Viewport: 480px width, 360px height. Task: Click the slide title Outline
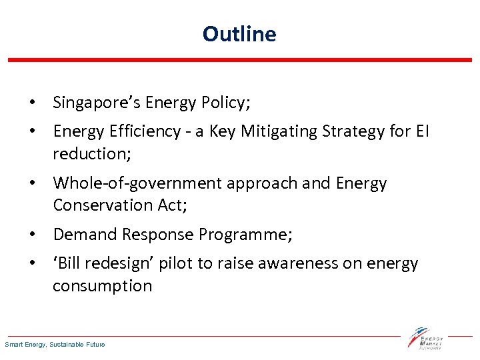[x=239, y=33]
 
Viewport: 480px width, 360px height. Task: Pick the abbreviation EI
[x=423, y=132]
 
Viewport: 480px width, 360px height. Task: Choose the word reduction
[x=89, y=154]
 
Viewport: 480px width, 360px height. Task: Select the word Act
[x=173, y=205]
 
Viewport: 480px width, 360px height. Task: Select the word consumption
[x=102, y=286]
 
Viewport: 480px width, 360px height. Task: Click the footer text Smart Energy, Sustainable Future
[x=55, y=345]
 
